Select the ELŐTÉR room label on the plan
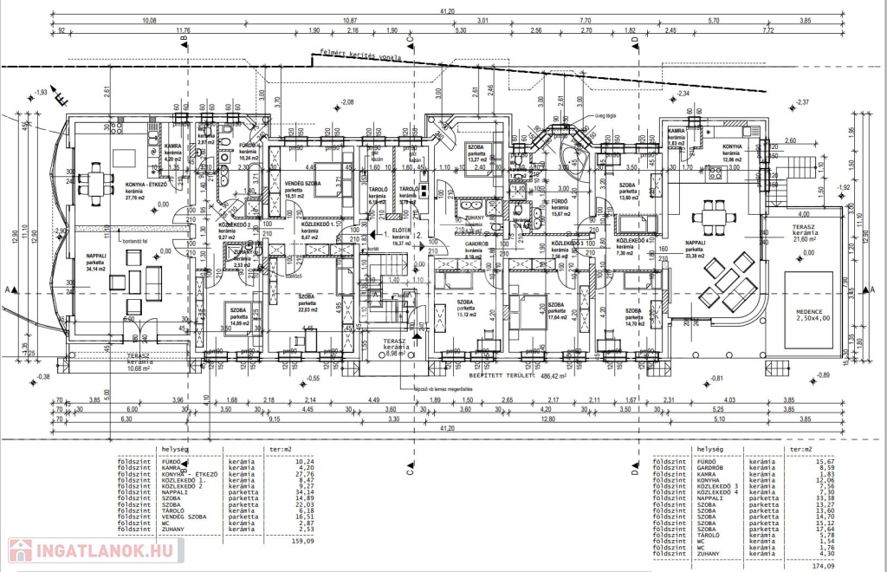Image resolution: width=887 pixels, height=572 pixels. click(x=401, y=231)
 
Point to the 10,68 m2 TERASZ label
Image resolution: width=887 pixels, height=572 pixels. click(x=140, y=362)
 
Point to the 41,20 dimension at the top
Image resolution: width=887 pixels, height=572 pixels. click(x=447, y=11)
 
